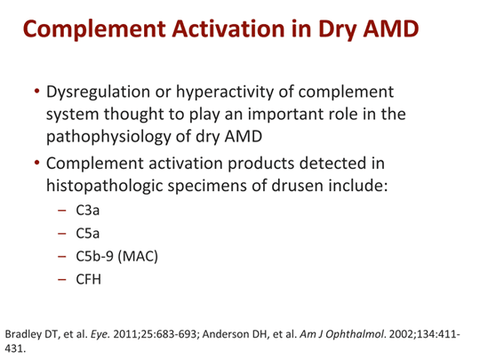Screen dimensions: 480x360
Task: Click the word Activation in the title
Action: click(x=228, y=28)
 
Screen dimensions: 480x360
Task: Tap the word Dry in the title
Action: click(x=337, y=31)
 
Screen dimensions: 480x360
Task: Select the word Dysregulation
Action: click(x=98, y=92)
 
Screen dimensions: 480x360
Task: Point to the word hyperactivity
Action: click(x=225, y=92)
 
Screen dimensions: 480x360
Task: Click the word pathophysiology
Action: click(x=108, y=137)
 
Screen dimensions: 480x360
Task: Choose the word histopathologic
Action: click(x=104, y=186)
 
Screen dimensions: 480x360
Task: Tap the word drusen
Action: click(x=297, y=186)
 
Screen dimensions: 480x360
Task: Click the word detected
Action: click(x=332, y=164)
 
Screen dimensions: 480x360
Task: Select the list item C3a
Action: click(x=87, y=211)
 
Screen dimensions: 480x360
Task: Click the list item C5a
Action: click(x=87, y=233)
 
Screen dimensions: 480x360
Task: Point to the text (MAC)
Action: click(x=138, y=257)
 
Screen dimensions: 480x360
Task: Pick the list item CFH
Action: click(x=88, y=279)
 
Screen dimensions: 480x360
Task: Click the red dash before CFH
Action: click(x=61, y=279)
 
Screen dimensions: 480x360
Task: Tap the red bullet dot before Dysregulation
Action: click(x=36, y=92)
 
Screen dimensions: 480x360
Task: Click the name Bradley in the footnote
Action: click(x=23, y=334)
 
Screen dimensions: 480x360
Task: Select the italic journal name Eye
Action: click(x=100, y=334)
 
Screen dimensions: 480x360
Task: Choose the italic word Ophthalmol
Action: click(x=356, y=334)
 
